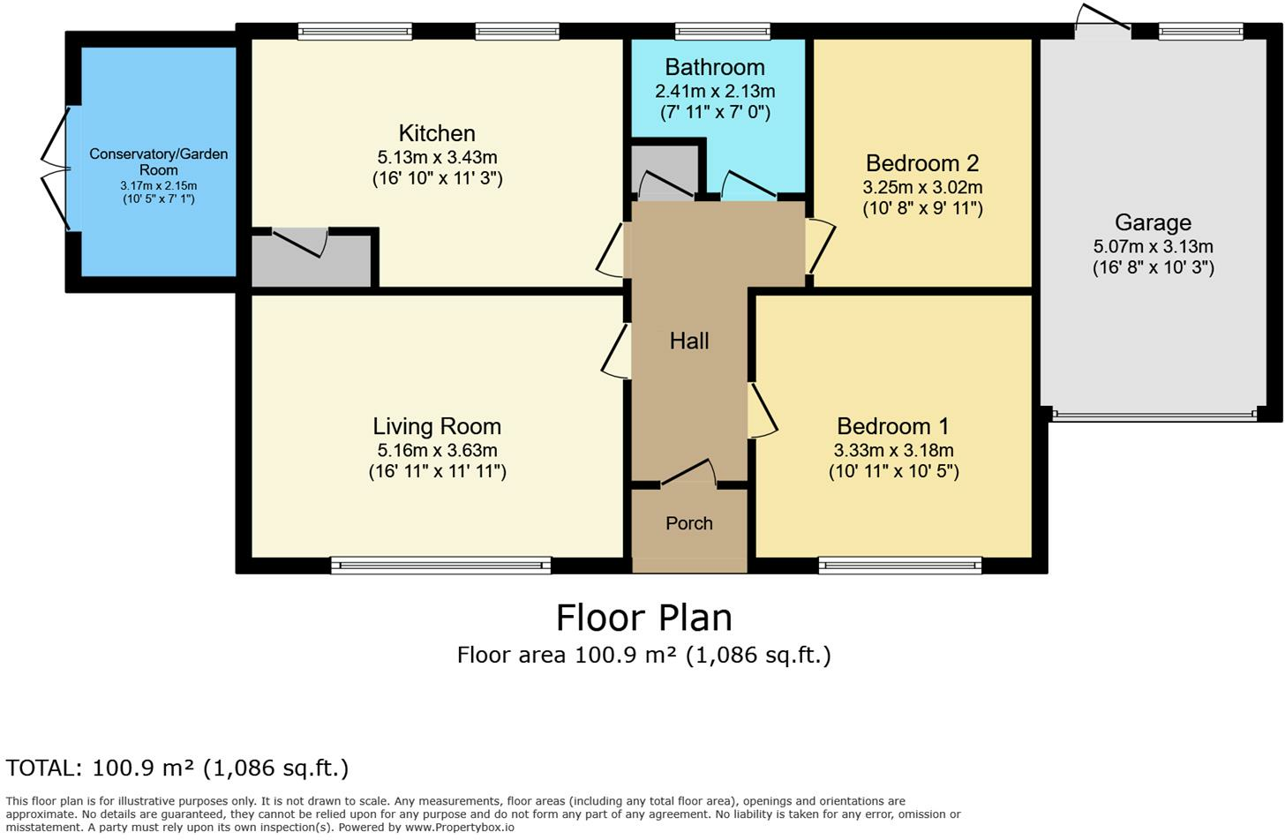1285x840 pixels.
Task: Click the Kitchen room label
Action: coord(437,133)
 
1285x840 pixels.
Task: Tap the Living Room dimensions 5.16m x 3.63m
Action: coord(437,450)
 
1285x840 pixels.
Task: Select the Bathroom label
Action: coord(714,67)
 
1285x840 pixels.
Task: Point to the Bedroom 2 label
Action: coord(921,163)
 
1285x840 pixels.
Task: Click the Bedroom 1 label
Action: coord(892,426)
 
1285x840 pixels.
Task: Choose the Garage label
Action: coord(1153,222)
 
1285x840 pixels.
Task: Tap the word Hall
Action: coord(689,341)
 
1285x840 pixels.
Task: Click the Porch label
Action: coord(689,523)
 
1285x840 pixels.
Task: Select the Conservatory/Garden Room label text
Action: coord(159,161)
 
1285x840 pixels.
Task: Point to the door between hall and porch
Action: coord(689,474)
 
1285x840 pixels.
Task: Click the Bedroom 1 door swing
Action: coord(762,410)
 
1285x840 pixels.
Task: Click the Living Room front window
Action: coord(441,565)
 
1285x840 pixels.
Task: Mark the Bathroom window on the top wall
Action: coord(722,32)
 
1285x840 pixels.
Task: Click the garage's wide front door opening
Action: coord(1153,415)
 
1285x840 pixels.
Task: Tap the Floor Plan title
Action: coord(643,618)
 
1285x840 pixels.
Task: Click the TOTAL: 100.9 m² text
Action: coord(177,768)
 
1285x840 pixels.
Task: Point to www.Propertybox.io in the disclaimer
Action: coord(459,828)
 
